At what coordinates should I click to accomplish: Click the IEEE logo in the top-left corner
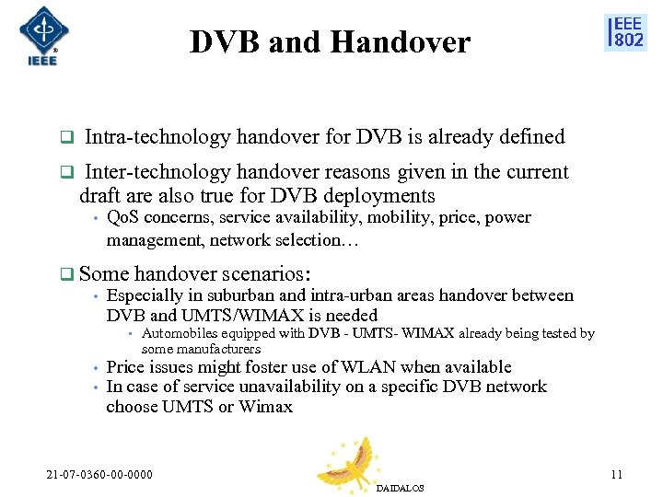pyautogui.click(x=41, y=36)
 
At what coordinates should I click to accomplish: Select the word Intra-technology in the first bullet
pyautogui.click(x=157, y=137)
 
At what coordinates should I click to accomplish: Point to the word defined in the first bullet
pyautogui.click(x=531, y=137)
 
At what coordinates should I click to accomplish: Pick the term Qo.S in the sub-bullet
pyautogui.click(x=122, y=218)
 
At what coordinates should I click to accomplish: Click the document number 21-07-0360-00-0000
pyautogui.click(x=100, y=475)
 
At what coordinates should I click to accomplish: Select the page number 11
pyautogui.click(x=616, y=475)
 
